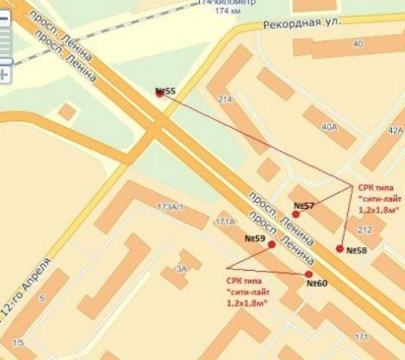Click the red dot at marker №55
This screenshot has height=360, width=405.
click(160, 93)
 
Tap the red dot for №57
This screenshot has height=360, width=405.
click(296, 215)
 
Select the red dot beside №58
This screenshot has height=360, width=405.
click(339, 249)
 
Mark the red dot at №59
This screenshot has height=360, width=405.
click(271, 245)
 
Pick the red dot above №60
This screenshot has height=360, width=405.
click(309, 275)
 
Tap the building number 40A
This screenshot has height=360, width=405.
click(328, 126)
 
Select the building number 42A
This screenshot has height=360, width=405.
click(395, 130)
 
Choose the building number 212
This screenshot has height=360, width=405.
click(365, 231)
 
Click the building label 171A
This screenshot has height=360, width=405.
click(224, 221)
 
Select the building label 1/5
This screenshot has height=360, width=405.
click(18, 343)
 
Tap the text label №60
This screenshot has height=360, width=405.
click(317, 283)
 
